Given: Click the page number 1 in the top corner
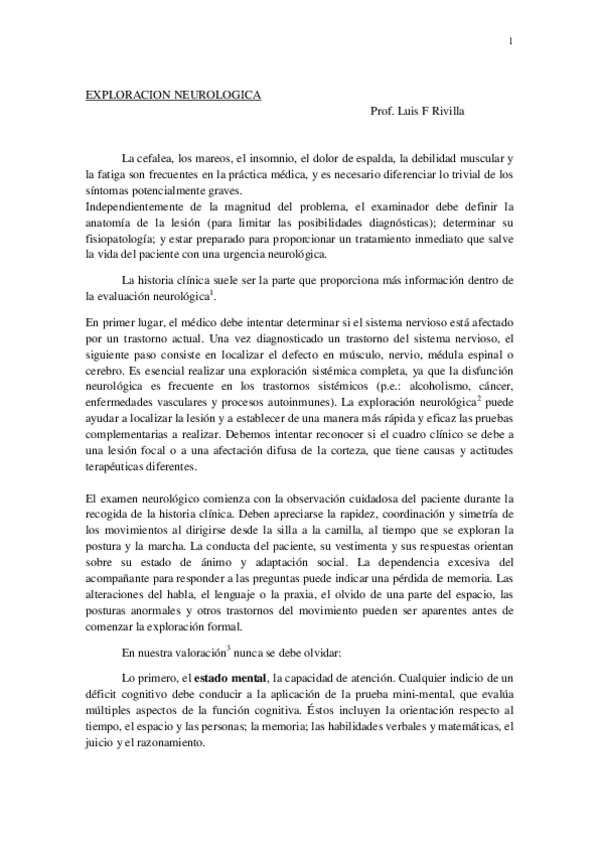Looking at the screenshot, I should [510, 41].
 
